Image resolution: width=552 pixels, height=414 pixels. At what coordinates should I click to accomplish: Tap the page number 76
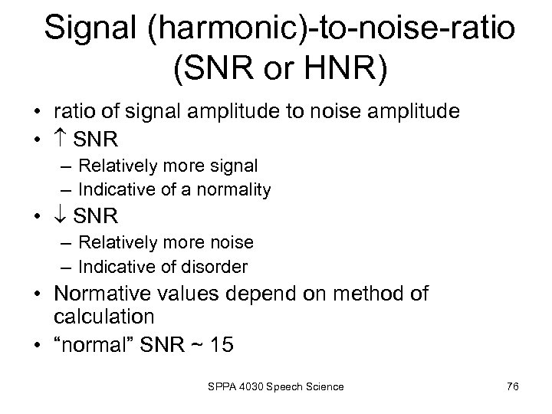pyautogui.click(x=513, y=386)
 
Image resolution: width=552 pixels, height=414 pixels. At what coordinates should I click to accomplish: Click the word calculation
pyautogui.click(x=100, y=316)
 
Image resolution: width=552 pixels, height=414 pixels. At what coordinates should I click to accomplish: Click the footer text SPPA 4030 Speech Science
pyautogui.click(x=274, y=386)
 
